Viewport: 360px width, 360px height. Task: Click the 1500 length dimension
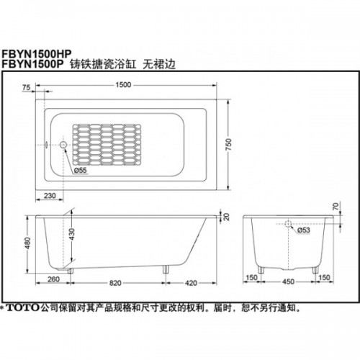click(123, 85)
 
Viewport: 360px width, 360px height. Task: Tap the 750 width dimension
click(229, 145)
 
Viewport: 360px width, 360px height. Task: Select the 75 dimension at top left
click(26, 88)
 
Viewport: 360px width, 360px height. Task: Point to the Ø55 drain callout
click(80, 170)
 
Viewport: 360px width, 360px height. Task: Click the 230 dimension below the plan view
click(50, 196)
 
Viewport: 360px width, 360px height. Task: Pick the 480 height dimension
click(28, 243)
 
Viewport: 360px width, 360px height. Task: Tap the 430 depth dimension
click(71, 235)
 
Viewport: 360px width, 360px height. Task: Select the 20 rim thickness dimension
click(226, 217)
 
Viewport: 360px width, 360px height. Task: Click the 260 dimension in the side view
click(53, 279)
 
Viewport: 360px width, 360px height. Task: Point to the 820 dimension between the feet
click(115, 283)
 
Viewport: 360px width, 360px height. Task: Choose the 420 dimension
click(191, 283)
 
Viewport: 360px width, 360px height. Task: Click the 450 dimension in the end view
click(288, 282)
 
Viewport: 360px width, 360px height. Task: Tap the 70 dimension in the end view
click(336, 206)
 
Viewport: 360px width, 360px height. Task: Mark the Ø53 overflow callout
click(304, 230)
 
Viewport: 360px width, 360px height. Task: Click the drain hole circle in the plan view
click(63, 145)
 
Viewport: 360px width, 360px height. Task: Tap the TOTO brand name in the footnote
click(22, 307)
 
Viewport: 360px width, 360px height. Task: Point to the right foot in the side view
click(166, 269)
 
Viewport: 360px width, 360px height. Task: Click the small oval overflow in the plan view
click(46, 145)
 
